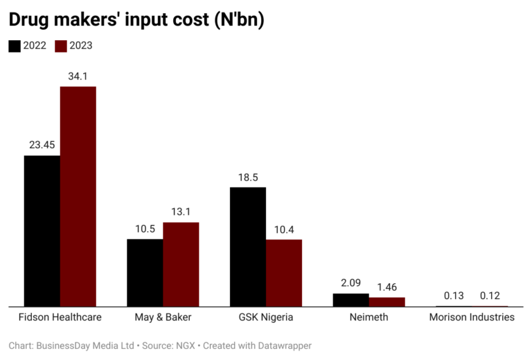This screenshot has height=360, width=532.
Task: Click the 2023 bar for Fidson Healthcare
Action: click(78, 196)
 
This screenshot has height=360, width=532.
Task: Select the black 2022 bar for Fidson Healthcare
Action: click(42, 231)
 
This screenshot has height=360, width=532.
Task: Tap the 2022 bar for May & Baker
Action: click(145, 272)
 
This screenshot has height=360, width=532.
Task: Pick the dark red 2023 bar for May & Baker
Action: click(181, 264)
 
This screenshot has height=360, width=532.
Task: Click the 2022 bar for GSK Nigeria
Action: click(248, 246)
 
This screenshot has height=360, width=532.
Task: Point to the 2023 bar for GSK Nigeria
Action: click(284, 272)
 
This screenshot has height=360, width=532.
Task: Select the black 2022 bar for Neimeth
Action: click(351, 300)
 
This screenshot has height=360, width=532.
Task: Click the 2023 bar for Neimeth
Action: click(387, 302)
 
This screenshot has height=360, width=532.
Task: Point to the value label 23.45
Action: click(42, 145)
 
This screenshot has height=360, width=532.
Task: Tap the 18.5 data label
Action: click(248, 177)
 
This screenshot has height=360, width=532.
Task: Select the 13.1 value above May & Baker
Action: click(181, 212)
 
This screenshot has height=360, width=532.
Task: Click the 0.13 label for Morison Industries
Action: click(454, 296)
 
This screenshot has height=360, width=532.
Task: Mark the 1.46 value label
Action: click(387, 287)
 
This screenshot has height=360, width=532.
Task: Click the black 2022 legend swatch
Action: click(15, 46)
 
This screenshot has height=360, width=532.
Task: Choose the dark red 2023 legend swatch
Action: click(61, 46)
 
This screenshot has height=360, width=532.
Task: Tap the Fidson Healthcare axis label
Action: click(60, 317)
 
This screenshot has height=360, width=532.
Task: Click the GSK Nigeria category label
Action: click(266, 317)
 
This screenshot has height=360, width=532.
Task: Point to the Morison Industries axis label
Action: click(472, 317)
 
